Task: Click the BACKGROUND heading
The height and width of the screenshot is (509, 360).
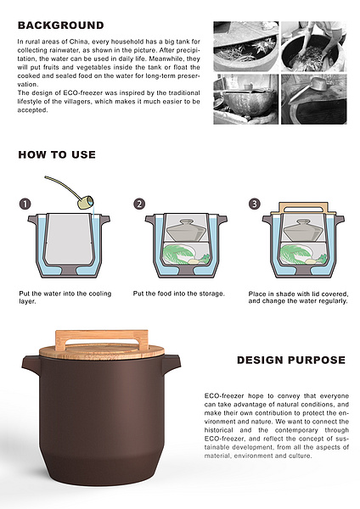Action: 61,25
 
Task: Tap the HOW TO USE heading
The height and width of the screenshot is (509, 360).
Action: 57,154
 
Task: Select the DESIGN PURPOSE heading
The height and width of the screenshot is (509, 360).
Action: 291,360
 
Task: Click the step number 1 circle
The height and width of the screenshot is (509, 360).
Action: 25,204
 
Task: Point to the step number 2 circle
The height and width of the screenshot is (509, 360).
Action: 139,204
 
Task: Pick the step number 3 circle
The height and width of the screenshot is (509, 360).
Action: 255,204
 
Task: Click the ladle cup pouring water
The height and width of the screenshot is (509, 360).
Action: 86,202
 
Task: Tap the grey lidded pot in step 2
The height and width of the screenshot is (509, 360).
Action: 186,230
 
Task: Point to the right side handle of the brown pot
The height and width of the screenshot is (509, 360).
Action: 172,364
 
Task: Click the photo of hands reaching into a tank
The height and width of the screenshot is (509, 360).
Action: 314,47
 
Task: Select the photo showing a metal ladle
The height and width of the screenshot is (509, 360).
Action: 314,99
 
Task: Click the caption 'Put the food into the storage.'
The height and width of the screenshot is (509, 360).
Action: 178,294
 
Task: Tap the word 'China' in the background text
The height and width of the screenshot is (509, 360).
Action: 78,42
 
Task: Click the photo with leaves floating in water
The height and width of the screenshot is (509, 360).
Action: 246,47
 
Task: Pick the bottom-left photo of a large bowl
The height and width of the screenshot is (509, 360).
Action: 246,99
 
